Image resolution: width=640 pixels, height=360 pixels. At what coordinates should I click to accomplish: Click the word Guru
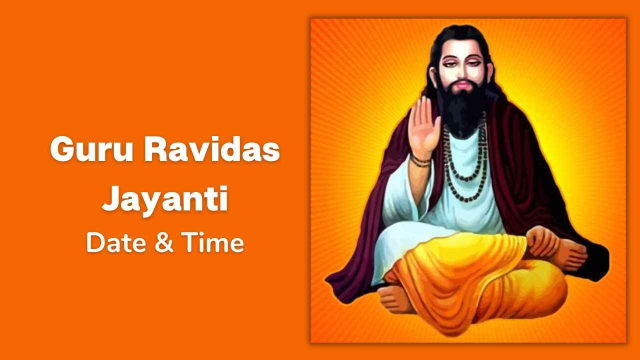[91, 149]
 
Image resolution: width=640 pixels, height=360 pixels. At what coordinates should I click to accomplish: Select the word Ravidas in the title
[212, 148]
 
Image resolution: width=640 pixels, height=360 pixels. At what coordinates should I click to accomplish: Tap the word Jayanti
[165, 199]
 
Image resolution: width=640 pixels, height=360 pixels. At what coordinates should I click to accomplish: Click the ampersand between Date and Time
[164, 243]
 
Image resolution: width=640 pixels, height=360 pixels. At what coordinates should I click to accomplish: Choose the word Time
[212, 242]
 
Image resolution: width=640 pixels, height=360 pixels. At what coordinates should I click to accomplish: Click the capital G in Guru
[61, 149]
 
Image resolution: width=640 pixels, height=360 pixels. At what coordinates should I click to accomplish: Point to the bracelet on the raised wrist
[420, 160]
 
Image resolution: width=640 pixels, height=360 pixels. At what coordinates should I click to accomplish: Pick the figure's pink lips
[461, 85]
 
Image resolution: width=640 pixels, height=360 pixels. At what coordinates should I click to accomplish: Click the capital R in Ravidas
[155, 149]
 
